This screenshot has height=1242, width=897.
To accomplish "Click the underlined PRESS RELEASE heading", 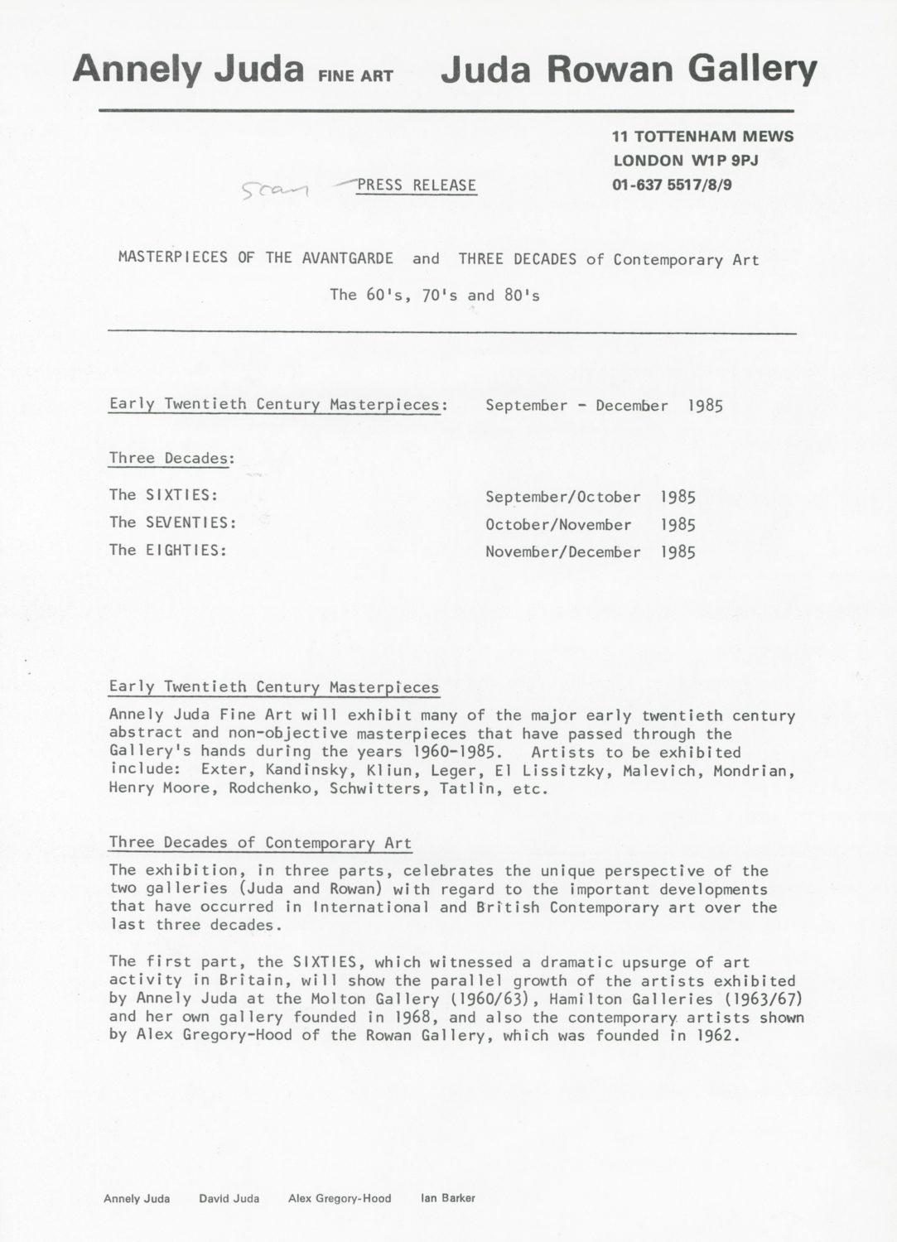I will click(417, 185).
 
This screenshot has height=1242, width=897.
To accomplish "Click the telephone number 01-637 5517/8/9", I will click(672, 185).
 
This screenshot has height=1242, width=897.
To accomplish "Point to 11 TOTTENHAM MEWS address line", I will click(702, 137).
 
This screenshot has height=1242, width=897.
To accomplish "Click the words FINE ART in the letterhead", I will click(354, 76).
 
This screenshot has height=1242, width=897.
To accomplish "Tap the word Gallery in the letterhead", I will click(752, 70).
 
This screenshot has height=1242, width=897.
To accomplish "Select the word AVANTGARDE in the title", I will click(348, 258).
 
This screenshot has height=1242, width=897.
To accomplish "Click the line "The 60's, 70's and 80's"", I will click(435, 295).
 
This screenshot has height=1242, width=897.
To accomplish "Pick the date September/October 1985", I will click(590, 498).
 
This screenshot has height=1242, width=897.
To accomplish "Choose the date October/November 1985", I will click(590, 525).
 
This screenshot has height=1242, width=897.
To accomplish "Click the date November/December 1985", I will click(590, 552).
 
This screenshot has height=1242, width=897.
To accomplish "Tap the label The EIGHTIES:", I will click(168, 550).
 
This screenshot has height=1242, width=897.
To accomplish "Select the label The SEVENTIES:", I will click(173, 522).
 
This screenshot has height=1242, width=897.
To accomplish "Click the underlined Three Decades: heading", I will click(171, 458).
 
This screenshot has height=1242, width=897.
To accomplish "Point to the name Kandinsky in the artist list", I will click(294, 771).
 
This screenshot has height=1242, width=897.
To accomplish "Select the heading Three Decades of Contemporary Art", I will click(260, 843).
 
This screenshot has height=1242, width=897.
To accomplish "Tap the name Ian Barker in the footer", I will click(448, 1198).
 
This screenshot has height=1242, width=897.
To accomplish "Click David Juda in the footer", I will click(229, 1198).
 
